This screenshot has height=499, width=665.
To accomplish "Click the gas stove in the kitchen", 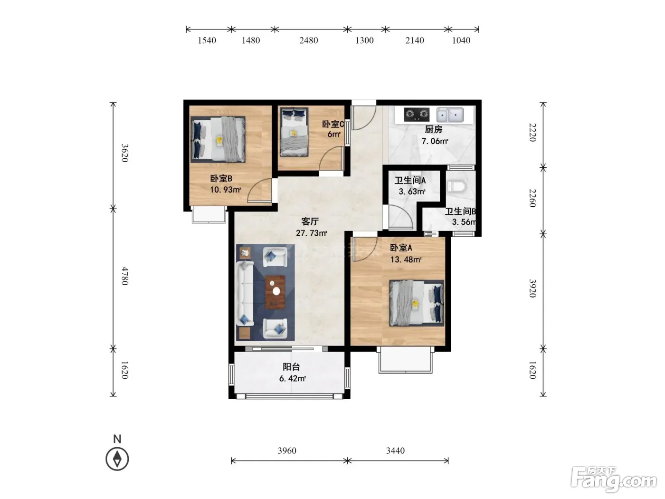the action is (417, 114).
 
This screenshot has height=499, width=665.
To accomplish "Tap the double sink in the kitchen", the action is (450, 115).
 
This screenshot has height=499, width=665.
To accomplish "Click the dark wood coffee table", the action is (275, 292).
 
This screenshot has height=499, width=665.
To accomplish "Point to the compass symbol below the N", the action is (117, 459).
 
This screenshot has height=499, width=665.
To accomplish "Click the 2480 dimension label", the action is (309, 40).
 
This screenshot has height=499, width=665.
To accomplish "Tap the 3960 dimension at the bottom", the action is (287, 451).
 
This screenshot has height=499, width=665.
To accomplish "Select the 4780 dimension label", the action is (125, 276).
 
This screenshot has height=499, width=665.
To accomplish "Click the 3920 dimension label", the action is (532, 288).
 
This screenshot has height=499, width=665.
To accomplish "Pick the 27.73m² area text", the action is (312, 233).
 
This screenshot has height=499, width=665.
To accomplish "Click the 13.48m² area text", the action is (406, 259).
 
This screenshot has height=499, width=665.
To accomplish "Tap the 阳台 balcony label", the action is (291, 367).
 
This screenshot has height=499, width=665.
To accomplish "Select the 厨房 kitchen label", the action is (434, 129).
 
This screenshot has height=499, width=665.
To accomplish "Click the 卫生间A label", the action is (410, 180).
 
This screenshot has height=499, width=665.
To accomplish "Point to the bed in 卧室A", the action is (417, 303).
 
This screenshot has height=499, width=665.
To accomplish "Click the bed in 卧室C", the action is (294, 132).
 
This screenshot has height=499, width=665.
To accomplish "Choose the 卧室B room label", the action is (221, 179).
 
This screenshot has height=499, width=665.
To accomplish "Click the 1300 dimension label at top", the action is (364, 40).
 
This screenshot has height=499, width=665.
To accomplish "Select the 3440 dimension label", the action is (395, 451).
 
